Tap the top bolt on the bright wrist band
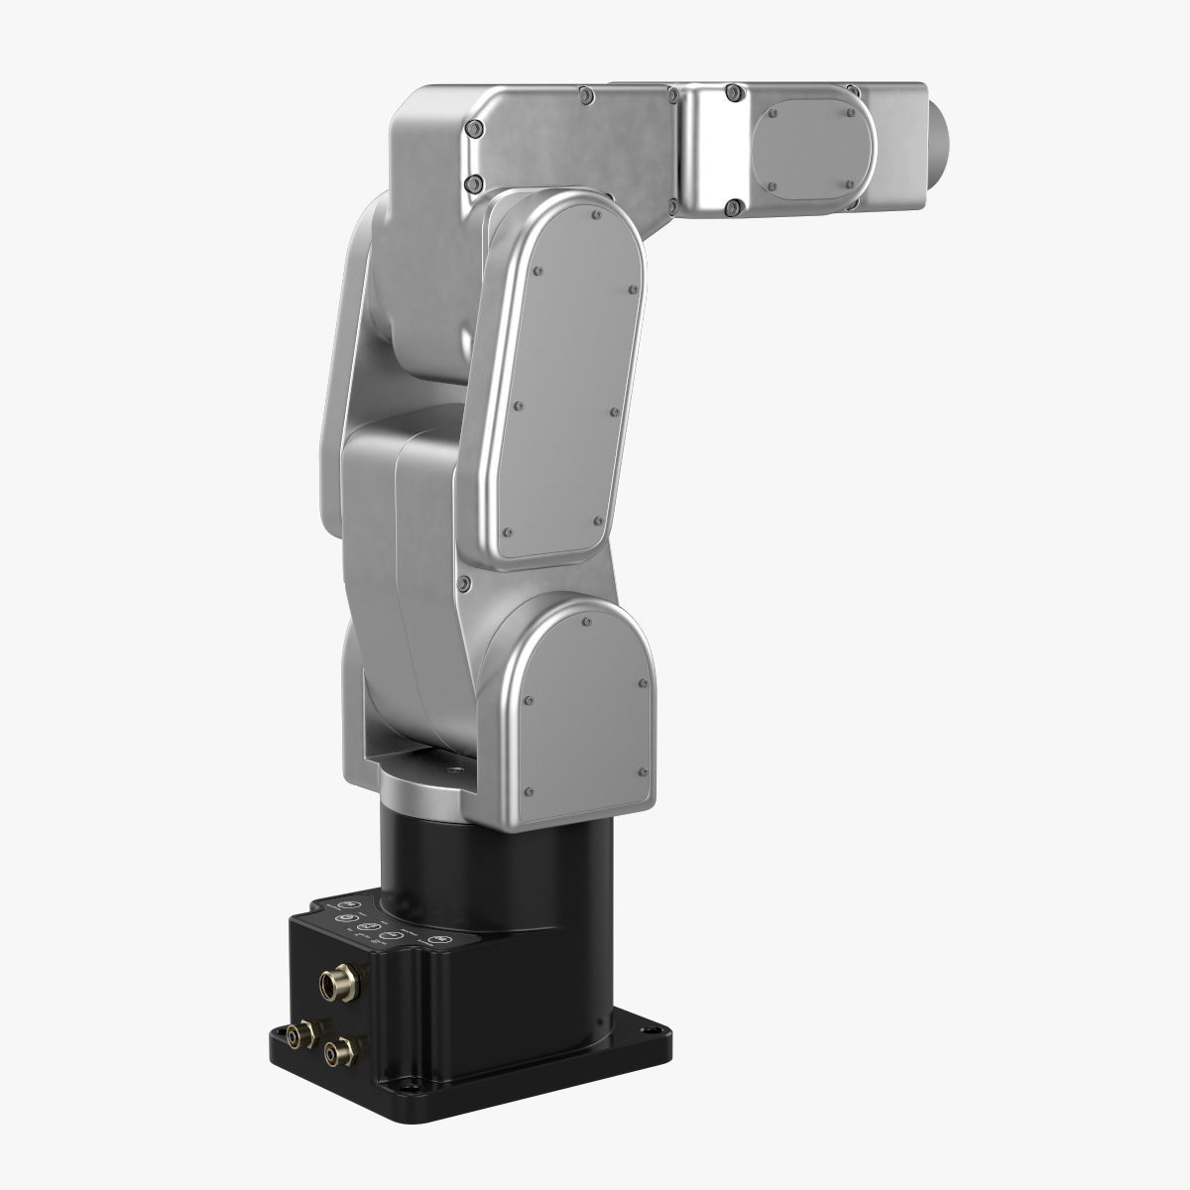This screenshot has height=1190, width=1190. (x=734, y=93)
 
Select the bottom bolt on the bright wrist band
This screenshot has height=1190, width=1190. (x=734, y=206)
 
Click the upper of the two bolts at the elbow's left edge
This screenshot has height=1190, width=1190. (x=473, y=129)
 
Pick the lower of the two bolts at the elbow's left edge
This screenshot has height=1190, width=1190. (x=473, y=182)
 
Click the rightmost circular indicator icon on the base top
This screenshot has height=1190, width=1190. (x=440, y=938)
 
